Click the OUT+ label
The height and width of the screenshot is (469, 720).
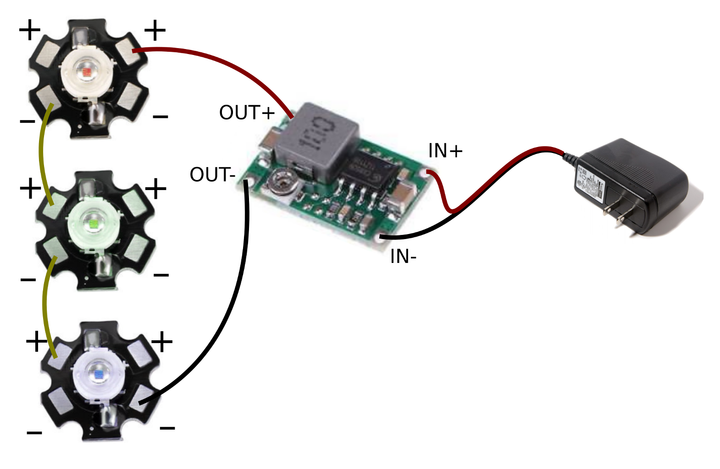pyautogui.click(x=247, y=113)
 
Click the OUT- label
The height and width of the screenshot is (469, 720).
pyautogui.click(x=212, y=175)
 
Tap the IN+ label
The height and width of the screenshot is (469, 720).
pyautogui.click(x=445, y=151)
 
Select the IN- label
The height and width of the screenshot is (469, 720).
pyautogui.click(x=403, y=256)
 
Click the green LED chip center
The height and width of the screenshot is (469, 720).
pyautogui.click(x=93, y=223)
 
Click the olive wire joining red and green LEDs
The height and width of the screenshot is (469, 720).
pyautogui.click(x=43, y=156)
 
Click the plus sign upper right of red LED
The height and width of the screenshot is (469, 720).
pyautogui.click(x=155, y=30)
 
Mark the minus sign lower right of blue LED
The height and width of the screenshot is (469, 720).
pyautogui.click(x=167, y=428)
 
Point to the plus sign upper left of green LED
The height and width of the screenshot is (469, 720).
pyautogui.click(x=30, y=188)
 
